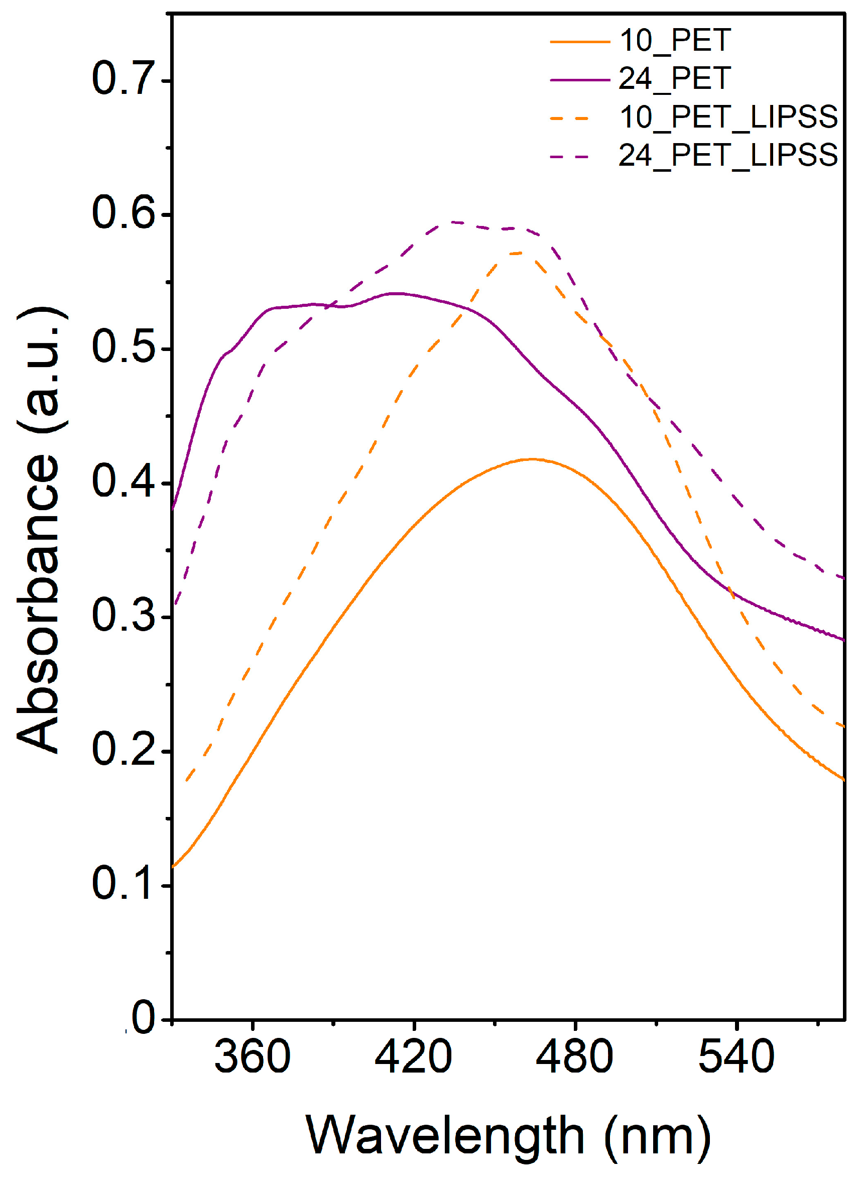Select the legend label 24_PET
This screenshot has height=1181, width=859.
point(675,79)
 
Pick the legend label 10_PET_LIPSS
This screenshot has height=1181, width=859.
point(728,116)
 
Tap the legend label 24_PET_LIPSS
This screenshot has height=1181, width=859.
point(728,155)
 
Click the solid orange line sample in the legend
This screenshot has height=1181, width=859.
point(579,41)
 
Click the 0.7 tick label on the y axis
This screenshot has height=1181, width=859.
point(124,79)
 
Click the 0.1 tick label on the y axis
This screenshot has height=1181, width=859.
point(124,884)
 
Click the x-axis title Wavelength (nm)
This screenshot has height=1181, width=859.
point(508,1135)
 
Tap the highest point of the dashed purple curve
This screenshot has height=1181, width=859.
point(453,222)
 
